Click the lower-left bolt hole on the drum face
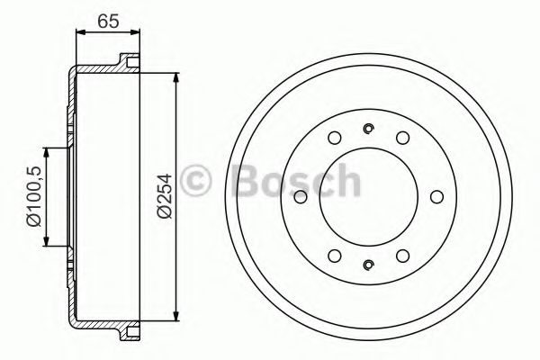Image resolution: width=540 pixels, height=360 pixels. (334, 252)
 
